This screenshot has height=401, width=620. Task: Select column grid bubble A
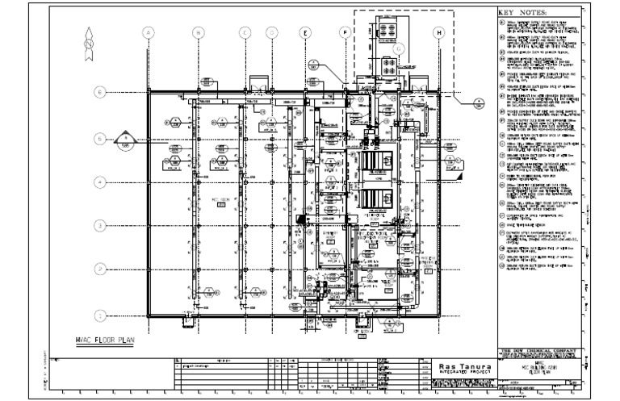click(148, 32)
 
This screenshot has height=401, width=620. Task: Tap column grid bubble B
click(197, 32)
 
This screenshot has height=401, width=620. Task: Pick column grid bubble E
click(305, 32)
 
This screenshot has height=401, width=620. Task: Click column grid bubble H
click(439, 32)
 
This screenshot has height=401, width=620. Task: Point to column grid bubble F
click(345, 32)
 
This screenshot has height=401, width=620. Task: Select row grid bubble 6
click(100, 93)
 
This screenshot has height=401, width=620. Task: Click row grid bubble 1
click(100, 315)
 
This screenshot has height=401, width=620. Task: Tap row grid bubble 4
click(100, 182)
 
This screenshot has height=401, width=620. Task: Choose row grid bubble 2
click(100, 269)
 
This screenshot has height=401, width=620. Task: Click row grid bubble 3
click(100, 226)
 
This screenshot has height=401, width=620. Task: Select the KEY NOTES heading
click(522, 13)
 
